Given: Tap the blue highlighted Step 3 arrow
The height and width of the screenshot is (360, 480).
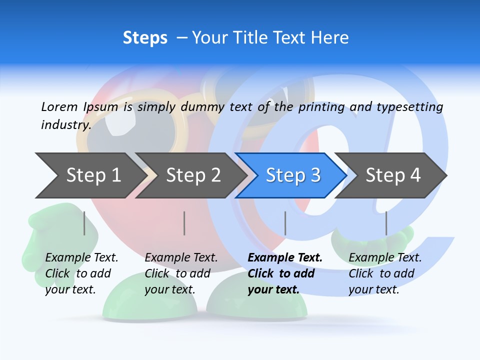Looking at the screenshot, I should pos(292,175).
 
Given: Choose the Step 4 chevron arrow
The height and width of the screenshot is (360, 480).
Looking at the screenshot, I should pos(392,175).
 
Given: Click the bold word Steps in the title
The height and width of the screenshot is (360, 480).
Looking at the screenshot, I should pos(145,38).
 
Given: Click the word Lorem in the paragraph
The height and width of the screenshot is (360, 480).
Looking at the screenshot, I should pos(59,106).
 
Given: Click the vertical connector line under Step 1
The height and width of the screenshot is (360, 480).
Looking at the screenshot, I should pos(84,223).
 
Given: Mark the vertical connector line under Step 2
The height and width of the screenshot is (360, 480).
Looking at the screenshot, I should pos(184,223).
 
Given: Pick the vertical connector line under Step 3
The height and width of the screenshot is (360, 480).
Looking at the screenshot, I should pos(285,223).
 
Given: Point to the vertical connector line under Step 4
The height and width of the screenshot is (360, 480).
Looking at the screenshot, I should pos(386,223).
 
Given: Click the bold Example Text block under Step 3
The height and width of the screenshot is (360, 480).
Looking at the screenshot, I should pos(284,273).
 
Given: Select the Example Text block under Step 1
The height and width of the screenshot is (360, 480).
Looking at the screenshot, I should pos(81,273).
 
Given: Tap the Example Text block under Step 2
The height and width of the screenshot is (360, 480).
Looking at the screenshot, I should pos(180,273).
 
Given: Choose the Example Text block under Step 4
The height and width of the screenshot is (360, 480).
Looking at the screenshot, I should pos(384,273).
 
